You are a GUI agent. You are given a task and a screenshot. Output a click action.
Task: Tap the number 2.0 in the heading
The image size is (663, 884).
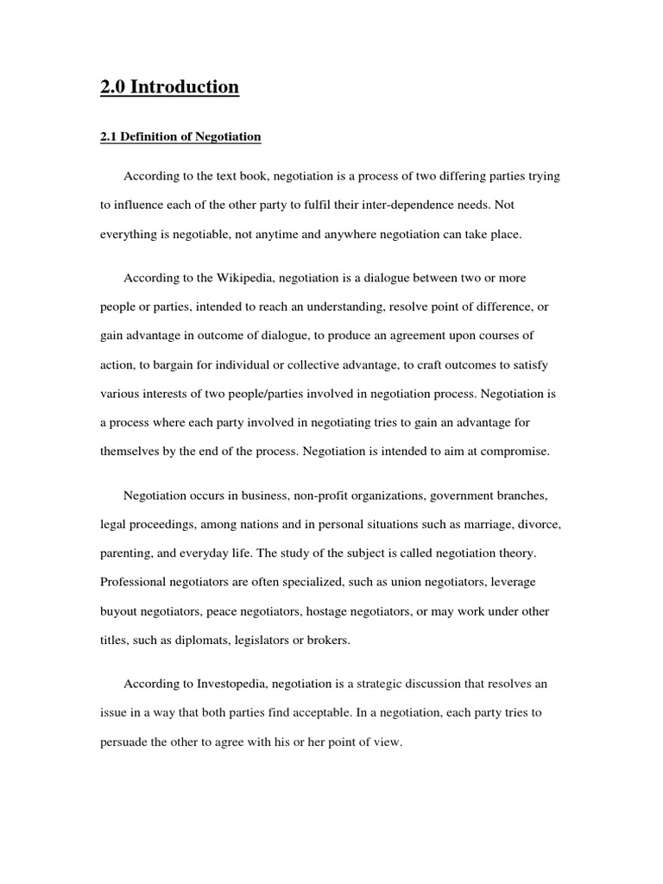click(113, 87)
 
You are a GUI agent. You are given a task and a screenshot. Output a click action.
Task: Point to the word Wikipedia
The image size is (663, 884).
click(230, 278)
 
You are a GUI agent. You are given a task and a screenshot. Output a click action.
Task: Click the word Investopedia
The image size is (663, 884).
click(234, 683)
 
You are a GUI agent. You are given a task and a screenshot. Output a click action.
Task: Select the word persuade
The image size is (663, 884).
click(125, 742)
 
